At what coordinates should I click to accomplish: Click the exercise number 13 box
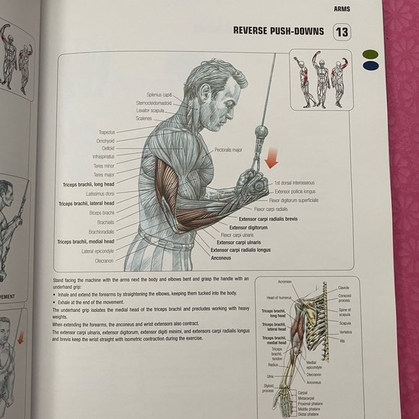[342, 33]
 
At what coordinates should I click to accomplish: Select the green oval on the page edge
[369, 53]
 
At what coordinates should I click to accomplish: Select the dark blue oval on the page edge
[371, 65]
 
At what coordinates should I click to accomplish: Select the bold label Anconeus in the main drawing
[220, 257]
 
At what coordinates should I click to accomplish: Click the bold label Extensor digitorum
[248, 227]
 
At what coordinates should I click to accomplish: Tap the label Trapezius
[107, 132]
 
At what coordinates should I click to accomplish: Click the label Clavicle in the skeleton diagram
[344, 288]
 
